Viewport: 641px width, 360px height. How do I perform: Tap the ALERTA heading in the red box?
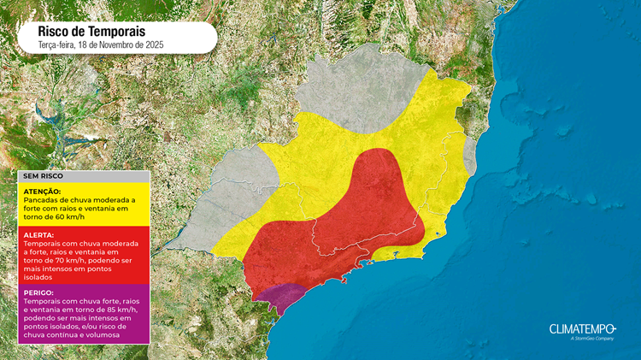[x=39, y=234]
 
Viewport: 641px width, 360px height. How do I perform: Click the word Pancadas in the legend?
[x=41, y=198]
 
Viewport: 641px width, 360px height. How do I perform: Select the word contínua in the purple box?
[x=63, y=335]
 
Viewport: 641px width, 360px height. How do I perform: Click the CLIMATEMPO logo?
[x=582, y=328]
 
